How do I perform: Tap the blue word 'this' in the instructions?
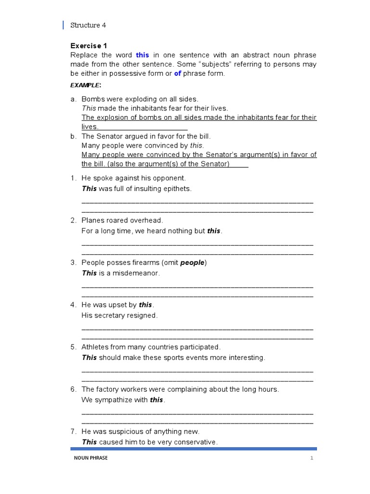click(143, 55)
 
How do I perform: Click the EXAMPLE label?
click(85, 85)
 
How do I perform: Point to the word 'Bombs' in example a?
click(92, 99)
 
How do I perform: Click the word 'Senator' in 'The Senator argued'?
click(109, 136)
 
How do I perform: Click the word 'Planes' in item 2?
click(93, 220)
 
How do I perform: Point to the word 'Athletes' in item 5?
click(95, 347)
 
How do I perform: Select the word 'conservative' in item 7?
click(196, 442)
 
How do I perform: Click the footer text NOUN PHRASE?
click(88, 458)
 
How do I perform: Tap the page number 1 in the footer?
click(312, 458)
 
